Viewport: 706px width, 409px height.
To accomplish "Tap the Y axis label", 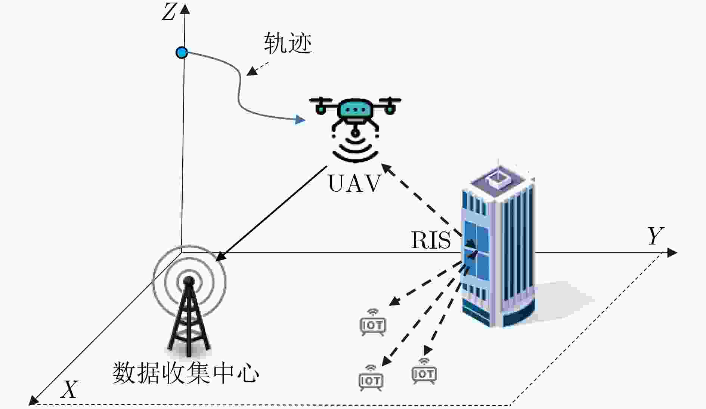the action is click(x=656, y=236).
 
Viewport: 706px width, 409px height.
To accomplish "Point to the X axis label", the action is click(x=70, y=389).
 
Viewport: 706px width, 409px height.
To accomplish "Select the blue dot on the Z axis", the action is click(x=182, y=52).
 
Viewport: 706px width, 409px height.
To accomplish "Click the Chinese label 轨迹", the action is click(x=288, y=43).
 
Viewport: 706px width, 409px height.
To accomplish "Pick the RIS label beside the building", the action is click(x=431, y=240).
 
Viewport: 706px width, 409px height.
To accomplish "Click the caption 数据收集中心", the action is click(x=186, y=373).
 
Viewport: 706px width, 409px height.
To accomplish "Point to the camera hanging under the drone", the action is click(x=355, y=131).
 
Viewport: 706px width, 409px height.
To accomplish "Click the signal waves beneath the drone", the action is click(x=355, y=150).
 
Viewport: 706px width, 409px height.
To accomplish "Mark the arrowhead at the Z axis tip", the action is click(x=185, y=8).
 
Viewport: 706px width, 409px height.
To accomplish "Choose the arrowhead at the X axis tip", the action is click(x=34, y=400).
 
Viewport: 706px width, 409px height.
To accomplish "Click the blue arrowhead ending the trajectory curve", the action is click(x=300, y=120).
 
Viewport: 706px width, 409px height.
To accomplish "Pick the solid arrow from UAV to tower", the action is click(x=272, y=213).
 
